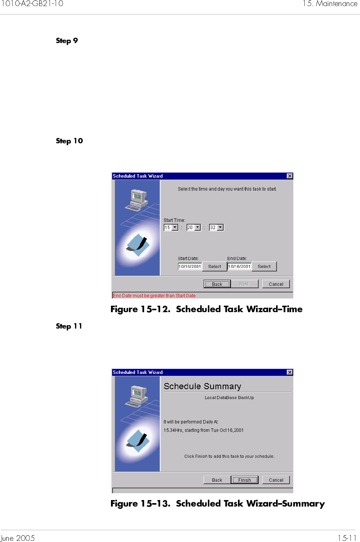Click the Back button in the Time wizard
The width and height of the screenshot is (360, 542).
(x=217, y=284)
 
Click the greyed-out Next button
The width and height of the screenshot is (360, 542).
(x=244, y=284)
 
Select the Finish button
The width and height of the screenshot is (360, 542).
(x=244, y=480)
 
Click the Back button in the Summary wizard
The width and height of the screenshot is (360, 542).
(x=217, y=480)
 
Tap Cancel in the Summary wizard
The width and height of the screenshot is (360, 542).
(x=276, y=480)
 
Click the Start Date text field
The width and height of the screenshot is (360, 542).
(x=190, y=266)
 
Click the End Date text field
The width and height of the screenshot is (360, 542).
(x=239, y=266)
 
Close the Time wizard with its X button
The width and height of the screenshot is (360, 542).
(x=290, y=176)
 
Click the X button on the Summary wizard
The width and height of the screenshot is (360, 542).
(x=290, y=372)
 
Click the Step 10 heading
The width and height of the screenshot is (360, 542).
(x=69, y=141)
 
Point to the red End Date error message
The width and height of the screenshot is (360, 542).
(x=154, y=296)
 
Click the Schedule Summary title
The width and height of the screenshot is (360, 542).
(x=202, y=386)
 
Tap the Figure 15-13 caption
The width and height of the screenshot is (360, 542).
(x=217, y=504)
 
